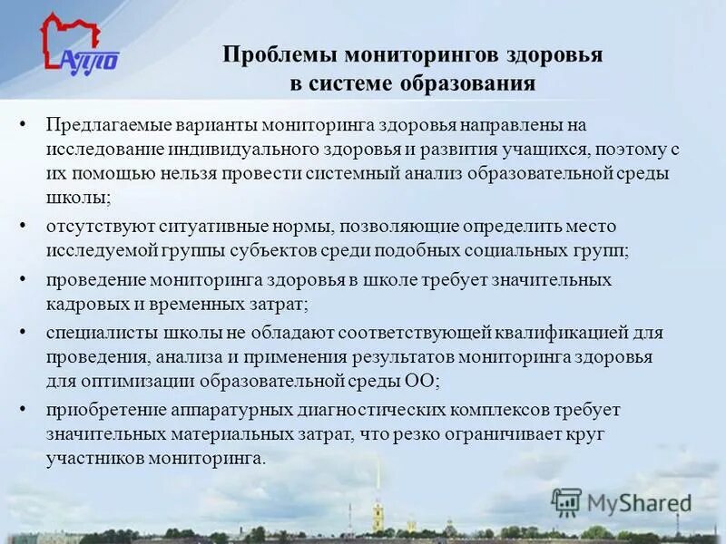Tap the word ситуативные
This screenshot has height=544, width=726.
pyautogui.click(x=186, y=225)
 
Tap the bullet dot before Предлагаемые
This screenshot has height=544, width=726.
pyautogui.click(x=24, y=124)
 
